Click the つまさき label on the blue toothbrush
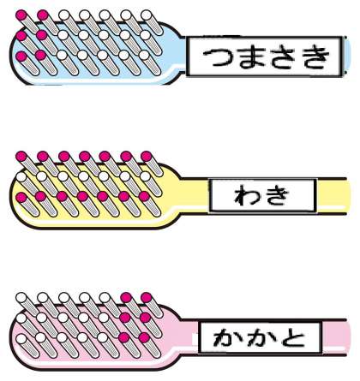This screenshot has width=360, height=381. pyautogui.click(x=266, y=57)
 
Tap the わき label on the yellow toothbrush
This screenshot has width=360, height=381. pyautogui.click(x=261, y=196)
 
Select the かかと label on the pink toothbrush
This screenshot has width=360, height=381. pyautogui.click(x=259, y=338)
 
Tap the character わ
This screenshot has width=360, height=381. pyautogui.click(x=247, y=196)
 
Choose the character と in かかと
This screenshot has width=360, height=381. pyautogui.click(x=292, y=338)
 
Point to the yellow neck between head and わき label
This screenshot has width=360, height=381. pyautogui.click(x=194, y=196)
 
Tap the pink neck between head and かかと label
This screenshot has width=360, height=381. pyautogui.click(x=189, y=337)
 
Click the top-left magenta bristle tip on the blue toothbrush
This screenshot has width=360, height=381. pyautogui.click(x=21, y=15)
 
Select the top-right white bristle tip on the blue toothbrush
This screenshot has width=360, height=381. pyautogui.click(x=147, y=15)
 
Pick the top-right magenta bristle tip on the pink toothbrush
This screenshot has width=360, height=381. pyautogui.click(x=147, y=298)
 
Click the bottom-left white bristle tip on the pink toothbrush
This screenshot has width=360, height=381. pyautogui.click(x=21, y=339)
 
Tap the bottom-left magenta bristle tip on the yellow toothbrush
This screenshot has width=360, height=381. pyautogui.click(x=21, y=197)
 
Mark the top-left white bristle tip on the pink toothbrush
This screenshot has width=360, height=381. pyautogui.click(x=21, y=298)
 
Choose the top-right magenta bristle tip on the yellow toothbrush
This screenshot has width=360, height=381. pyautogui.click(x=147, y=157)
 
